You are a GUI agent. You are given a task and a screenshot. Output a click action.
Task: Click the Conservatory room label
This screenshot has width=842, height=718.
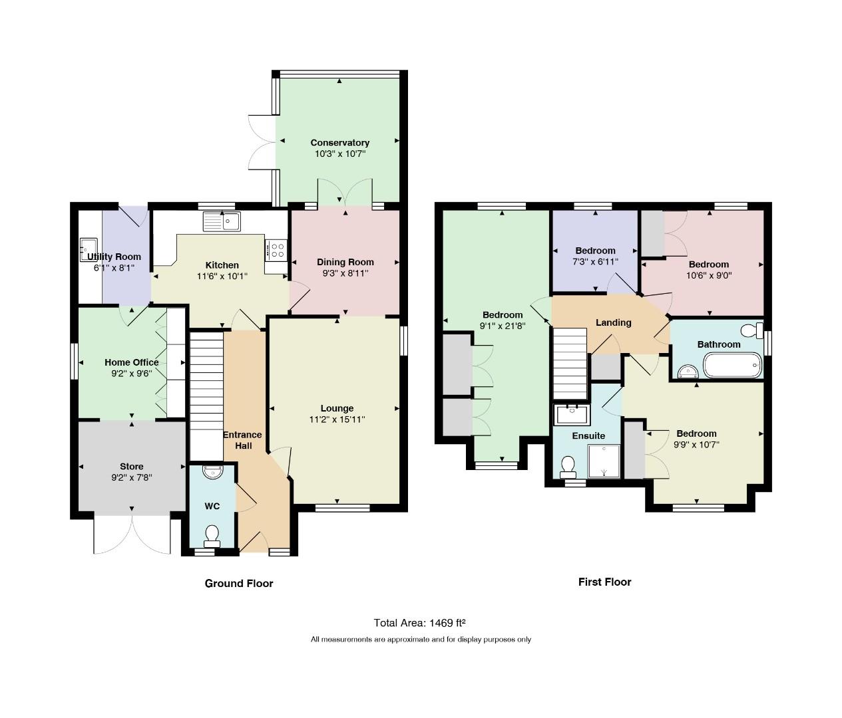(339, 143)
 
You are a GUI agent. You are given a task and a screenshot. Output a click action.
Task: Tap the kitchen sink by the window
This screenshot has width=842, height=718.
(222, 221)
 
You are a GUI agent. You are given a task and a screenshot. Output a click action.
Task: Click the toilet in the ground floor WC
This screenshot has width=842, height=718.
(212, 536)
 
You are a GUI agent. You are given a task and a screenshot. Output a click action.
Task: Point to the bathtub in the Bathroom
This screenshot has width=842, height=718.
(732, 365)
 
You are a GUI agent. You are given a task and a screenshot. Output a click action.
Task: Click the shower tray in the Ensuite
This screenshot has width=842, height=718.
(604, 461)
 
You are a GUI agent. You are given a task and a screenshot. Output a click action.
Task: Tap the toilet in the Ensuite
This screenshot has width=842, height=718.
(568, 467)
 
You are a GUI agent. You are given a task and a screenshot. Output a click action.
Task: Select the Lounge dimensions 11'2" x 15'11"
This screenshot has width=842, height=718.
(337, 419)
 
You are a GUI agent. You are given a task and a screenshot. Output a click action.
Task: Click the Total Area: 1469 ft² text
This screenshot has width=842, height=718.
(419, 623)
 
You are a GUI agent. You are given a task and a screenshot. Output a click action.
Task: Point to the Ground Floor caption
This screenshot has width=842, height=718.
(239, 583)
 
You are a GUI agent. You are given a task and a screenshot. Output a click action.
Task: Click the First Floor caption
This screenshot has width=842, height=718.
(604, 582)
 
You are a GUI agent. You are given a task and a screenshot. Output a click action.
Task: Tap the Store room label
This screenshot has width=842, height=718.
(132, 466)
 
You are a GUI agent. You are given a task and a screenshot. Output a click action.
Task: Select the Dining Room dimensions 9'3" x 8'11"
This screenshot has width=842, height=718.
(345, 273)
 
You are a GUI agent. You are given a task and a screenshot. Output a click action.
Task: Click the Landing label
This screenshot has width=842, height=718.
(614, 322)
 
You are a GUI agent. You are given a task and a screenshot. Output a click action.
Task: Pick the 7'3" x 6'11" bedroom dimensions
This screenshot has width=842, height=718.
(595, 261)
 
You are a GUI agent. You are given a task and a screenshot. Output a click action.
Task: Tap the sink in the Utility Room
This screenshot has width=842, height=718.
(89, 249)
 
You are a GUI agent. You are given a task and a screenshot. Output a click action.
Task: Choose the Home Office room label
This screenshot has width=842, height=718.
(132, 362)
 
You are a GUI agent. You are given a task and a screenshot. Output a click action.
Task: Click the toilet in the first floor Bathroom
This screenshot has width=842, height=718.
(752, 330)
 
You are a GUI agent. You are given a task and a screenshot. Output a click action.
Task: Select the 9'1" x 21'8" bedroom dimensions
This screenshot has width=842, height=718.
(503, 326)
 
